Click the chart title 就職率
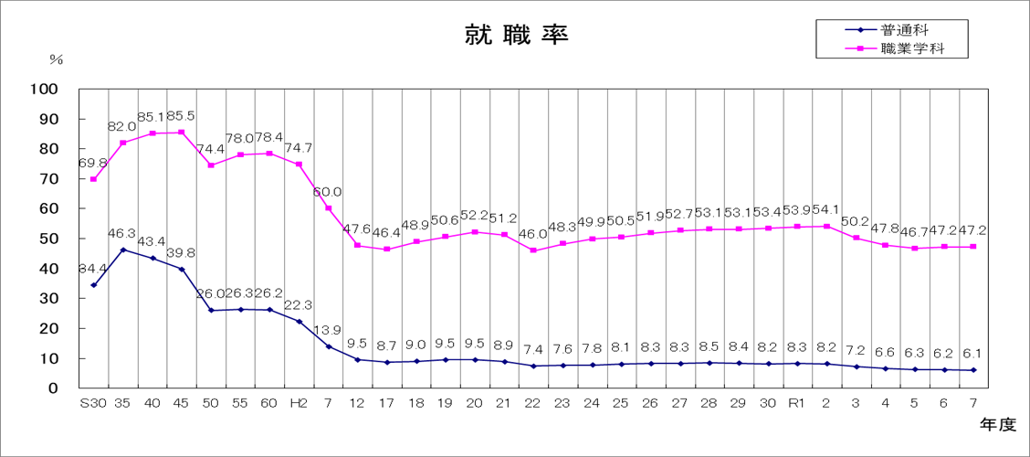[x=516, y=36]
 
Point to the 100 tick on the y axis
[x=43, y=90]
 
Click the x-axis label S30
[x=93, y=404]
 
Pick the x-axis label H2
[x=299, y=404]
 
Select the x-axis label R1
[x=797, y=404]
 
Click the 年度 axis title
[x=997, y=425]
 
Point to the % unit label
[x=57, y=59]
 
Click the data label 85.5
[x=181, y=117]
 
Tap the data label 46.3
[x=122, y=234]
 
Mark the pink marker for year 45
[x=182, y=132]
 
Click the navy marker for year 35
[x=122, y=250]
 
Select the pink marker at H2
[x=299, y=165]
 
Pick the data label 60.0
[x=328, y=192]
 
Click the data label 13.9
[x=328, y=330]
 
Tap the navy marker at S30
[x=93, y=285]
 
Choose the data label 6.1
[x=973, y=354]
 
